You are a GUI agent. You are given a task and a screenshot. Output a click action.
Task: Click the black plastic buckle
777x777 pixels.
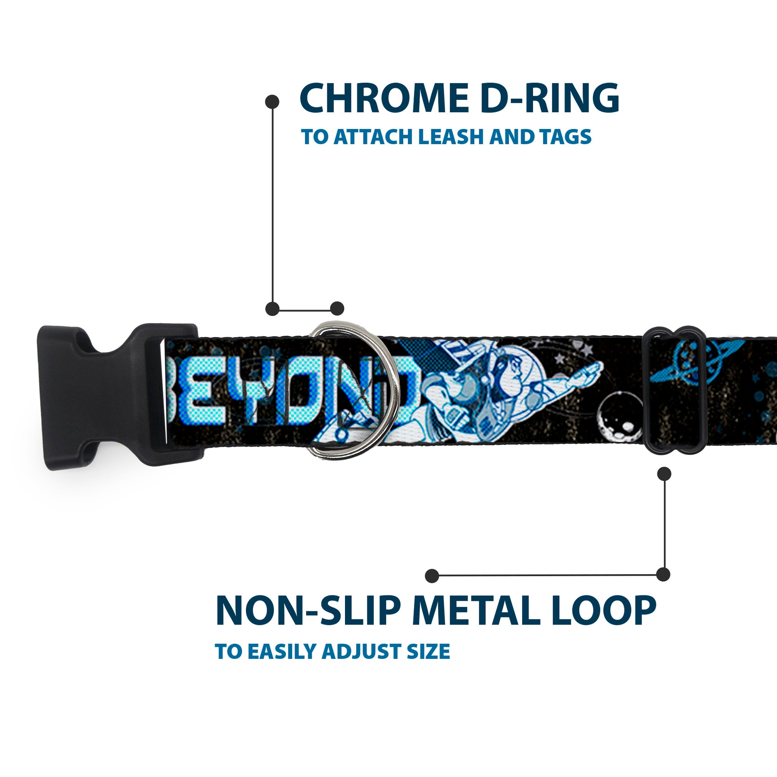point(121,397)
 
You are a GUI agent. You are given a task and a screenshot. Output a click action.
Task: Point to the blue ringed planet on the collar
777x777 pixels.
point(696,362)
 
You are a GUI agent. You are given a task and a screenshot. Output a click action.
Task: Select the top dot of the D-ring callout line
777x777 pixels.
point(272,102)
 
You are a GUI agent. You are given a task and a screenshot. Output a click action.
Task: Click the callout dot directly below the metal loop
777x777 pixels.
point(664,474)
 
